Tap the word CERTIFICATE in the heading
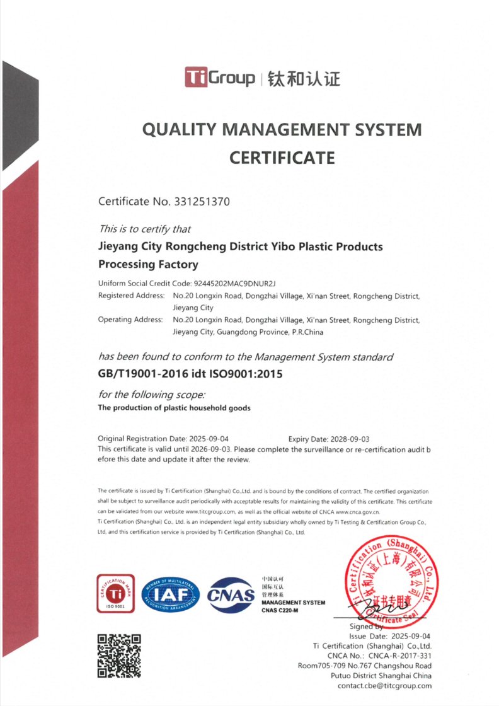pos(282,157)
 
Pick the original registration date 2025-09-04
pos(209,439)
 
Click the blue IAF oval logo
pos(170,595)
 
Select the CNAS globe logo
pos(231,595)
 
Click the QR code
pos(118,656)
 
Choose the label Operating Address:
pos(130,320)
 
